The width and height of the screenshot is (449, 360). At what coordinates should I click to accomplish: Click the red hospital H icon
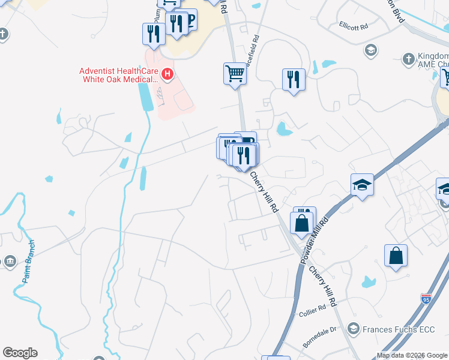tap(167, 75)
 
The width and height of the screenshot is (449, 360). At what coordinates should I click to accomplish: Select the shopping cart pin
tap(235, 74)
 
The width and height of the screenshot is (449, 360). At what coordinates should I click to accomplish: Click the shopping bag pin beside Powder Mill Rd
tap(303, 223)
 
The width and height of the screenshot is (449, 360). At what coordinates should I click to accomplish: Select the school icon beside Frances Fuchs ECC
tap(353, 329)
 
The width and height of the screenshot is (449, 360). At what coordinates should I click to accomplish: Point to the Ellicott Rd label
tap(353, 26)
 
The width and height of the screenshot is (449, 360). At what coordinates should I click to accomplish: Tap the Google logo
tap(20, 353)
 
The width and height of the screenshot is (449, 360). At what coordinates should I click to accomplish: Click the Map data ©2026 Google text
tap(412, 355)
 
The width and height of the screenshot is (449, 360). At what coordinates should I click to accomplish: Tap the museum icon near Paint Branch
tap(10, 261)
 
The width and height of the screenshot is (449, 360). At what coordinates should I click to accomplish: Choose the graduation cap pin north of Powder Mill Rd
tap(362, 184)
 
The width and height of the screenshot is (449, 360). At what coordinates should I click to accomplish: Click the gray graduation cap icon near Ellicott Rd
tap(370, 50)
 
